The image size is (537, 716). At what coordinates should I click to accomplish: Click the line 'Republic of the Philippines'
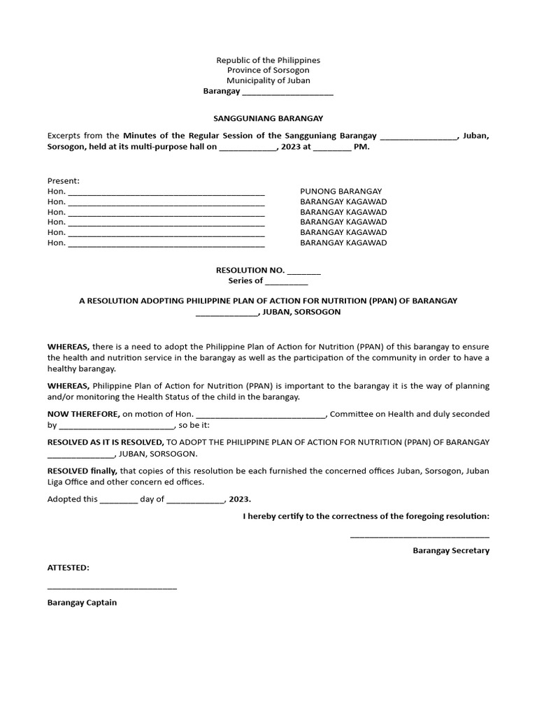coord(268,61)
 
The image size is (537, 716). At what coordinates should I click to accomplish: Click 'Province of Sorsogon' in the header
coord(268,71)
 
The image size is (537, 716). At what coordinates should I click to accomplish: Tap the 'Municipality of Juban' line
coord(268,81)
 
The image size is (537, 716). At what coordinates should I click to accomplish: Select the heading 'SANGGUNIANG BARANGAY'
coord(268,119)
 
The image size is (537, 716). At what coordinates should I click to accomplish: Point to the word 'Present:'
coord(64,180)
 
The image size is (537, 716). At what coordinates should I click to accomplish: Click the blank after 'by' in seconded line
coord(116,426)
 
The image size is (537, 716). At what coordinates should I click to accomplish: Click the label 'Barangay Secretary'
coord(451,550)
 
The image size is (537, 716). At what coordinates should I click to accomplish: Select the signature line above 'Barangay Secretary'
coord(420,537)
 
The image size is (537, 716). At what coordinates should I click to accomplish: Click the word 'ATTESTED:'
coord(69,568)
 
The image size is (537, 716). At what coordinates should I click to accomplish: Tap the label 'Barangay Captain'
coord(82,602)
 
